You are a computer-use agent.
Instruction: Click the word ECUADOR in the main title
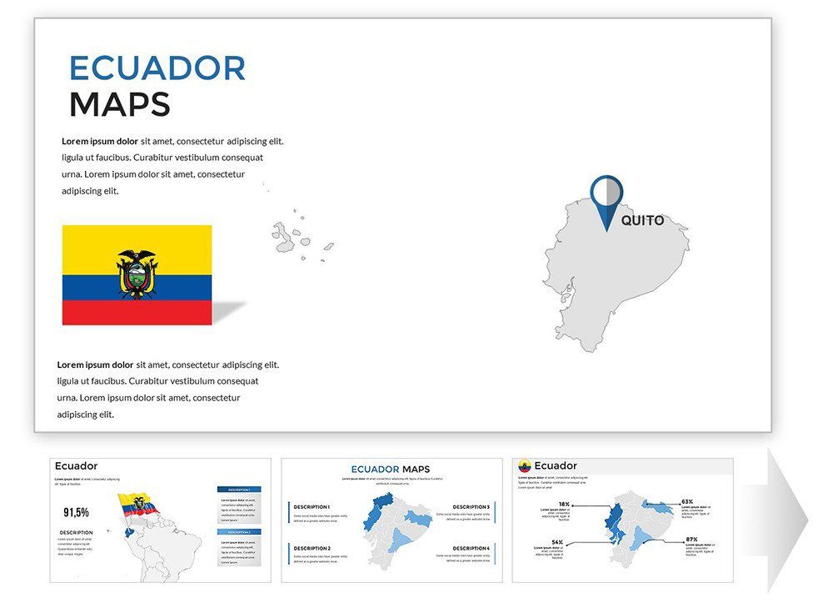click(x=157, y=68)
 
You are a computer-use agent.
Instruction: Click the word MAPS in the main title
click(x=119, y=105)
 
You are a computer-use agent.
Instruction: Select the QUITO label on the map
click(x=642, y=221)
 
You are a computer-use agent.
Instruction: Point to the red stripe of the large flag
click(x=137, y=313)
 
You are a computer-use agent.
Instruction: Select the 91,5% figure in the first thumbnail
click(x=76, y=513)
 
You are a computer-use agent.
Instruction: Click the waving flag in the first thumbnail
click(x=138, y=505)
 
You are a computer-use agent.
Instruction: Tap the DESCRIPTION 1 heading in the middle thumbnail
click(x=312, y=507)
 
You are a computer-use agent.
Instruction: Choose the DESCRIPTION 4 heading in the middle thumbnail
click(x=471, y=548)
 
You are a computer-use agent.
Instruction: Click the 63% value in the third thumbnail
click(x=686, y=502)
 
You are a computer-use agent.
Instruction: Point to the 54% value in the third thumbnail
click(x=557, y=542)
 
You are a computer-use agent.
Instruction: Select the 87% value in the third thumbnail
click(x=691, y=540)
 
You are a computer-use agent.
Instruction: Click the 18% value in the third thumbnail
click(x=564, y=505)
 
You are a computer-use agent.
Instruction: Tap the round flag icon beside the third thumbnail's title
click(x=525, y=466)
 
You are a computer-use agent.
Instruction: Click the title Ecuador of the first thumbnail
click(x=76, y=466)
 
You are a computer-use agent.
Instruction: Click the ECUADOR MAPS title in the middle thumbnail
click(x=391, y=470)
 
